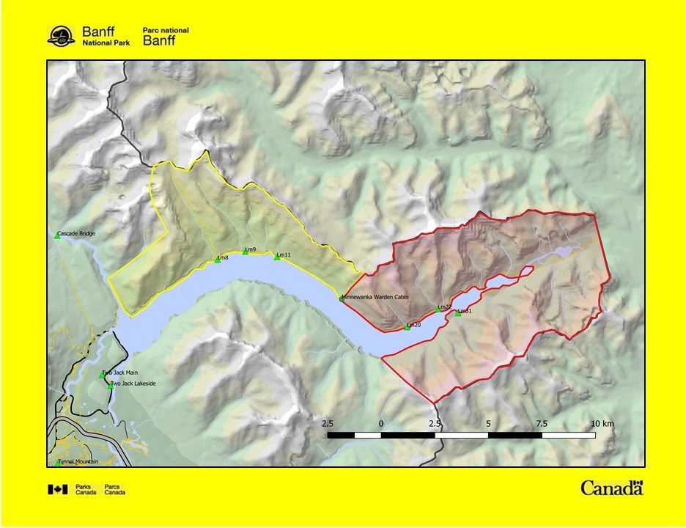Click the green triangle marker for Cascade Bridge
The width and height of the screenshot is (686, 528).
pos(57,236)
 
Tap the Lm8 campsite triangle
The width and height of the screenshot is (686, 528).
pos(218,260)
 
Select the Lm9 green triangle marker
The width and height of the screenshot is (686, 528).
pos(246,252)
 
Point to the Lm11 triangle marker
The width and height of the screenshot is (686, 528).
pos(277,257)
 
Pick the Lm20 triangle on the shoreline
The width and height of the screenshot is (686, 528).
pos(407,328)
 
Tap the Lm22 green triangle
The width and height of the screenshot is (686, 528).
pos(438,310)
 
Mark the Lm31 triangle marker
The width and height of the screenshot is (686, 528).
pos(458,314)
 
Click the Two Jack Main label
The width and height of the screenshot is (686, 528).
pos(122,373)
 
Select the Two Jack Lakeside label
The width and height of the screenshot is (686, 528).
pos(133,384)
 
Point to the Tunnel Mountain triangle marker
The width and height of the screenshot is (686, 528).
pos(57,463)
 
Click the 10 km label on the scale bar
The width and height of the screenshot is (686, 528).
pos(603,424)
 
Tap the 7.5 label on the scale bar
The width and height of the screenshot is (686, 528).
pos(542,424)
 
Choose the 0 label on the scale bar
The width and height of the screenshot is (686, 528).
pos(381,424)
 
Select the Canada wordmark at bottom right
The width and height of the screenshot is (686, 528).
pos(611,488)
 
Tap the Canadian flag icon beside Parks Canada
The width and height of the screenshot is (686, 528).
pos(58,489)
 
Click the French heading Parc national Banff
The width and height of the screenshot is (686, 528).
pos(165,37)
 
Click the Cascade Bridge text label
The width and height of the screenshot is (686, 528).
pos(78,234)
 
